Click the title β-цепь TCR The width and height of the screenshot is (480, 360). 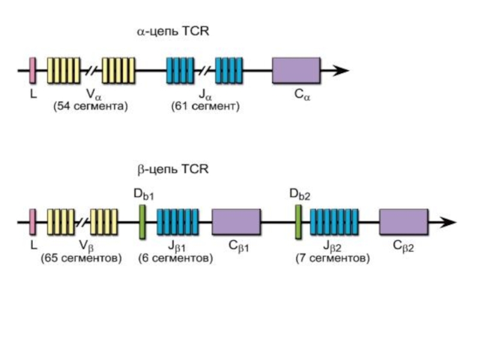point(173,170)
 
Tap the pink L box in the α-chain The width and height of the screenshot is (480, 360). point(33,70)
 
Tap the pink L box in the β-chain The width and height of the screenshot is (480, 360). point(33,221)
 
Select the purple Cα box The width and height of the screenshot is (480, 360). point(296,71)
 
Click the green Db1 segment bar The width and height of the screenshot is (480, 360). point(142,221)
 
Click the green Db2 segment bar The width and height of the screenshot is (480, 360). point(298,221)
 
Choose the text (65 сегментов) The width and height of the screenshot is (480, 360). point(82,259)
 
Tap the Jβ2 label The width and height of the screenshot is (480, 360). point(334,246)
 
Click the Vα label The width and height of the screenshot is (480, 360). point(92,95)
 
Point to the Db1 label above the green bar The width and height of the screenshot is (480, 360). point(144,194)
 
